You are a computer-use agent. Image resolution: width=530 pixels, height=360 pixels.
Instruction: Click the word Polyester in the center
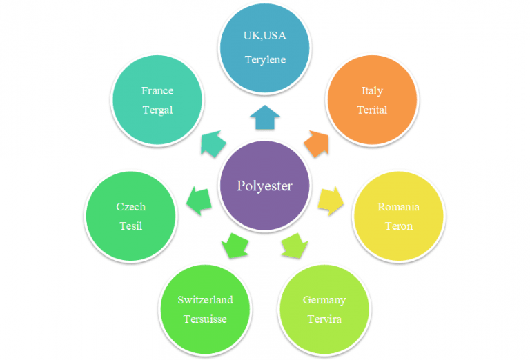[264, 186]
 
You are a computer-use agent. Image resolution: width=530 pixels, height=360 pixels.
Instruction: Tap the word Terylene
[265, 59]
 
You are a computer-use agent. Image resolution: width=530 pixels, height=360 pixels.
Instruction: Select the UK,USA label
[265, 36]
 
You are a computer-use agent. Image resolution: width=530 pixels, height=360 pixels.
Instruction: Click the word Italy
[372, 90]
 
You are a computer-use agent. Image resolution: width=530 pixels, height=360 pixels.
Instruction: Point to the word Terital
[372, 110]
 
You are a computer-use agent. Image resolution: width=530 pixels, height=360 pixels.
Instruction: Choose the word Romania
[398, 207]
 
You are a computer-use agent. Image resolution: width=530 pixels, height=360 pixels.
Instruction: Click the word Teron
[398, 226]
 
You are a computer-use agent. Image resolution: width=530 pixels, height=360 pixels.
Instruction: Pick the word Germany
[324, 300]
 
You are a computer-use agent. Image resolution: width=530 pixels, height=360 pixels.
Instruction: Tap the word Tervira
[324, 319]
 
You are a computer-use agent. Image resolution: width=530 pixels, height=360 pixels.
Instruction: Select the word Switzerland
[205, 300]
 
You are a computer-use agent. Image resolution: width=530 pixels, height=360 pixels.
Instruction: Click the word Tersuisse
[205, 319]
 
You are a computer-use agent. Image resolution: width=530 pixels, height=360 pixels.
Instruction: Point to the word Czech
[130, 207]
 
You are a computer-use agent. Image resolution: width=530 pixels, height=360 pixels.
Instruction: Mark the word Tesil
[130, 226]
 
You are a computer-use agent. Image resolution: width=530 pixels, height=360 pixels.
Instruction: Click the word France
[157, 90]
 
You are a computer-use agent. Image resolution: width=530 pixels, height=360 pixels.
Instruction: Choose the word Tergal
[157, 110]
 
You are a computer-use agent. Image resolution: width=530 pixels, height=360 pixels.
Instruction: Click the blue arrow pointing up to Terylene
[265, 118]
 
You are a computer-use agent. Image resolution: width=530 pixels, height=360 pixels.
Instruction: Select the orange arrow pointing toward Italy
[317, 143]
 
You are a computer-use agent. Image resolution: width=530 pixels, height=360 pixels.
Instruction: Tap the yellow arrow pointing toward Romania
[330, 199]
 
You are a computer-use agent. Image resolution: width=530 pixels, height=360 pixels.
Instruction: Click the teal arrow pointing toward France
[213, 143]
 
